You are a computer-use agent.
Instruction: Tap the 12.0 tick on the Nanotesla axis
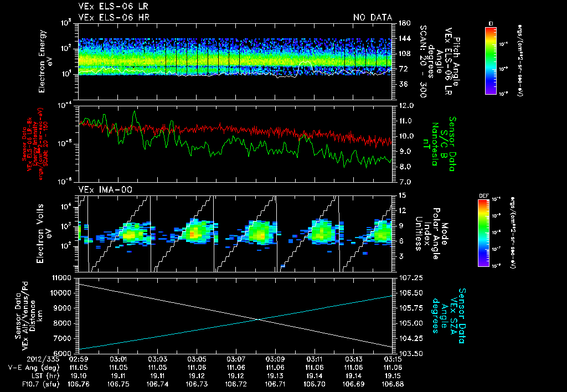point(406,105)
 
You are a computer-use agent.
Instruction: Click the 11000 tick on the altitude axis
point(61,277)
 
